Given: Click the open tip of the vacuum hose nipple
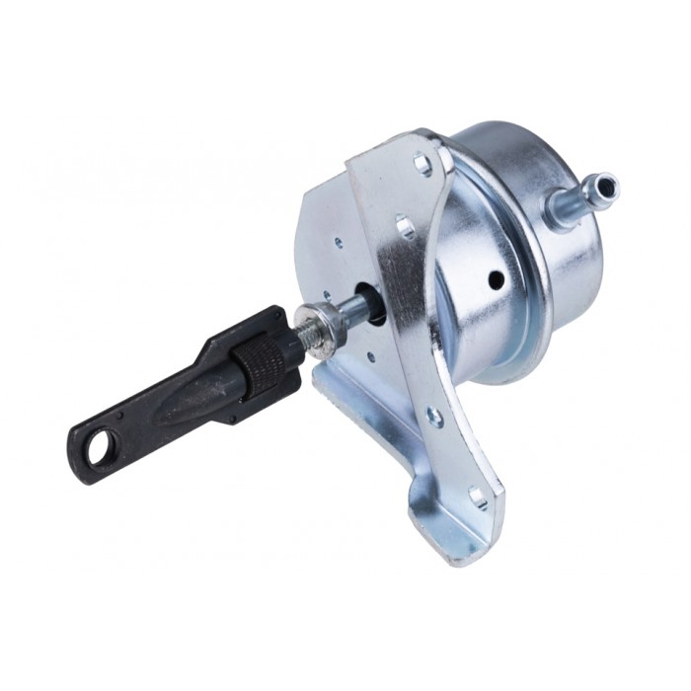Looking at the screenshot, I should pos(605,184).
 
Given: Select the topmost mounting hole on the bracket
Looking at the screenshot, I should pos(422,164).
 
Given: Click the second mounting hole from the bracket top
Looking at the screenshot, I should pos(405,227).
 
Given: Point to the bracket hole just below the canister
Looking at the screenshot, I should pos(434,418).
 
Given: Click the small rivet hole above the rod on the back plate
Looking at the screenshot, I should pos(339,240).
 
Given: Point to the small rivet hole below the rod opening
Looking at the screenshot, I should pos(371,357).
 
